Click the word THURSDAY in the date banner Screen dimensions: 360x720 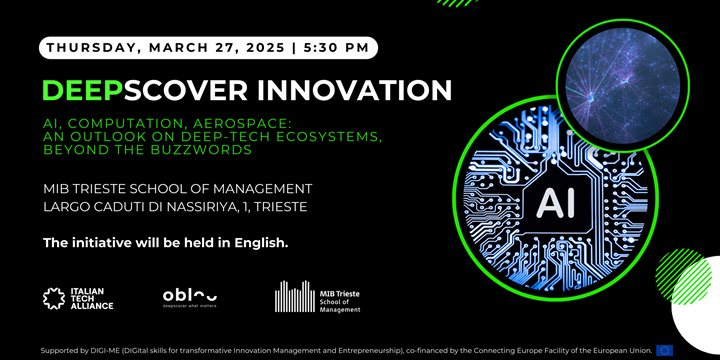coord(89,47)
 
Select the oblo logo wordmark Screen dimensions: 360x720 coord(190,295)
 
